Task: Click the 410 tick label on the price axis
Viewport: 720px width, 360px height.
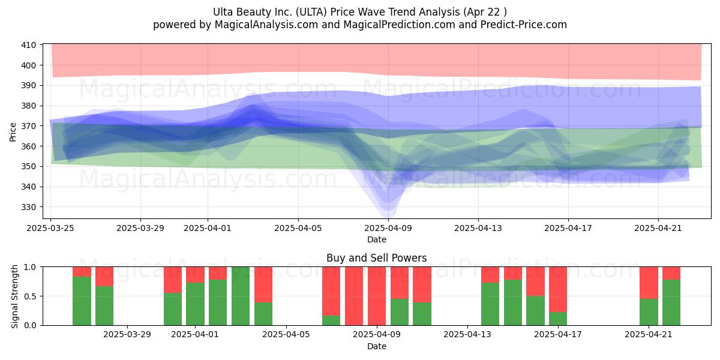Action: (28, 45)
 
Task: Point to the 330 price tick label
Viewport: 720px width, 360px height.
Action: (28, 207)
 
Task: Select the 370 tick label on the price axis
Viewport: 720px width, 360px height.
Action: (28, 126)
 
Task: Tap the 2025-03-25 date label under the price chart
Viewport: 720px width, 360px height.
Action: (50, 228)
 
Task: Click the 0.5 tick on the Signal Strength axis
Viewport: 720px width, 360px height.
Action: (30, 296)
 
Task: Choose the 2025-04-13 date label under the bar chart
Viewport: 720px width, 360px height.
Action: (467, 335)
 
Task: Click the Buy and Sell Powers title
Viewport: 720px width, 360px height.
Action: (377, 258)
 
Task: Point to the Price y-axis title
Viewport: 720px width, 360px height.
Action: (13, 132)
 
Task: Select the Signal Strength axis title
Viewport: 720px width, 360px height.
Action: (14, 296)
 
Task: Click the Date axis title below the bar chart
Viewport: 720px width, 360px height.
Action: (377, 347)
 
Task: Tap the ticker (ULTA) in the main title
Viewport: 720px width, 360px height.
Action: (311, 12)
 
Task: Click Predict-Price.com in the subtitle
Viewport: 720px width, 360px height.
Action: (524, 25)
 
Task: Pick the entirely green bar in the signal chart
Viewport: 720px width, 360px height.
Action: (241, 296)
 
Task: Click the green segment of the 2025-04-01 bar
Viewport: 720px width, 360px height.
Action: (195, 304)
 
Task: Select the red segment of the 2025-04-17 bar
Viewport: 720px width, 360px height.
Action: (558, 289)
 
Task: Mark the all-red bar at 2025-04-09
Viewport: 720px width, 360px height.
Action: (377, 296)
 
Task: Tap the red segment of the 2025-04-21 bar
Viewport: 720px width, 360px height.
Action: (649, 283)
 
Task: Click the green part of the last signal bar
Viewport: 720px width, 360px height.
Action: (671, 302)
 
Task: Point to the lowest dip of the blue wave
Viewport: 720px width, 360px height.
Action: (388, 216)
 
